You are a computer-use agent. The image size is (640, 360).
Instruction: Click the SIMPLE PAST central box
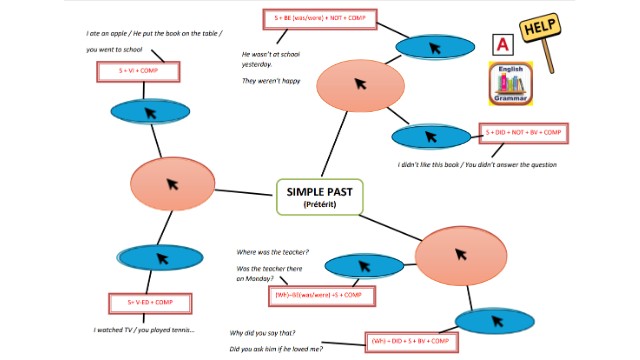coord(320,196)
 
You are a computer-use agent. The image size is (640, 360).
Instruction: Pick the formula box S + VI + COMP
coord(138,72)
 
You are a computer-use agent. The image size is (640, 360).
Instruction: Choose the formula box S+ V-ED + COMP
coord(151,302)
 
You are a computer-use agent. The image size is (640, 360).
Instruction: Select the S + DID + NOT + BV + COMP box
coord(525,133)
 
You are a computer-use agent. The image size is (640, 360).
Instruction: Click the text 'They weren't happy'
coord(271,81)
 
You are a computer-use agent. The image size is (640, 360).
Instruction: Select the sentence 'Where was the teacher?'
coord(273,251)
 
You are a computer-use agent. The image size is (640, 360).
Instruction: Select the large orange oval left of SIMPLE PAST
coord(172,183)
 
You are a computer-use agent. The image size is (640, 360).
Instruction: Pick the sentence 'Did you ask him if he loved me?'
coord(283,348)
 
